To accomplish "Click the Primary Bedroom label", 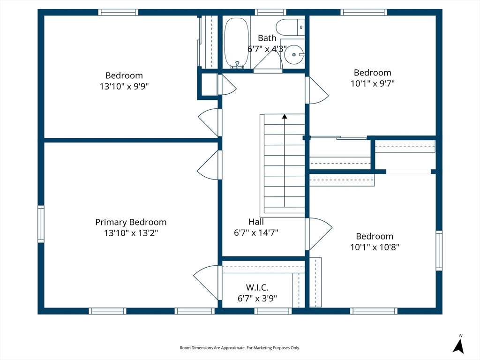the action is (131, 222).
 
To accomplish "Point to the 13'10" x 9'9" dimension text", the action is (124, 86).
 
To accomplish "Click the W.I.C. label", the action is (257, 287).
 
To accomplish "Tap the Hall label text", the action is (256, 222).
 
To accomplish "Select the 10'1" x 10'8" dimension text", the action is (375, 247).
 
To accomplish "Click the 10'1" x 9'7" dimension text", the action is (373, 83).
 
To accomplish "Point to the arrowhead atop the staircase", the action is (285, 116).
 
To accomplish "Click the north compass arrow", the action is (458, 346).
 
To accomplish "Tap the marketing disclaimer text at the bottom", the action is (240, 348).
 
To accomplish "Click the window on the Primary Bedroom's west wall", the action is (41, 224).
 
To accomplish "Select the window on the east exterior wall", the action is (439, 250).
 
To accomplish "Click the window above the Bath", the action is (270, 12).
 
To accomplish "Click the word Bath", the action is (267, 38).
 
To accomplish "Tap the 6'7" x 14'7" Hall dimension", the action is (256, 232).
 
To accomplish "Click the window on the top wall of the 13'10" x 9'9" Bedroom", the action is (118, 12).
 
